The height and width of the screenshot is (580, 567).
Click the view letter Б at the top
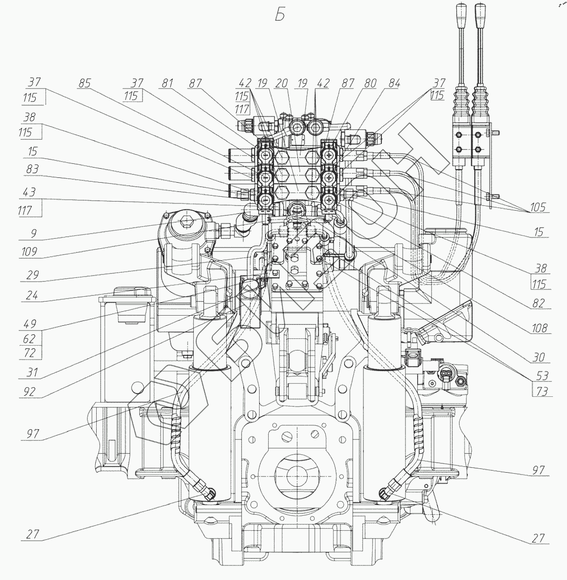[280, 15]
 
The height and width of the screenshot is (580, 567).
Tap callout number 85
[85, 84]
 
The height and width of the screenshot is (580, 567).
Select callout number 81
[167, 84]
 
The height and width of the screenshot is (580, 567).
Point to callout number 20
[282, 84]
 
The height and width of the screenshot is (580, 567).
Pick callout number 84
[394, 84]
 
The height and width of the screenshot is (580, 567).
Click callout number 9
[33, 233]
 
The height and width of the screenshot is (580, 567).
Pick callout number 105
[537, 207]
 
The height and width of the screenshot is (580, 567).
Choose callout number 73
[541, 391]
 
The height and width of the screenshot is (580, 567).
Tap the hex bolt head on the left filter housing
[186, 223]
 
